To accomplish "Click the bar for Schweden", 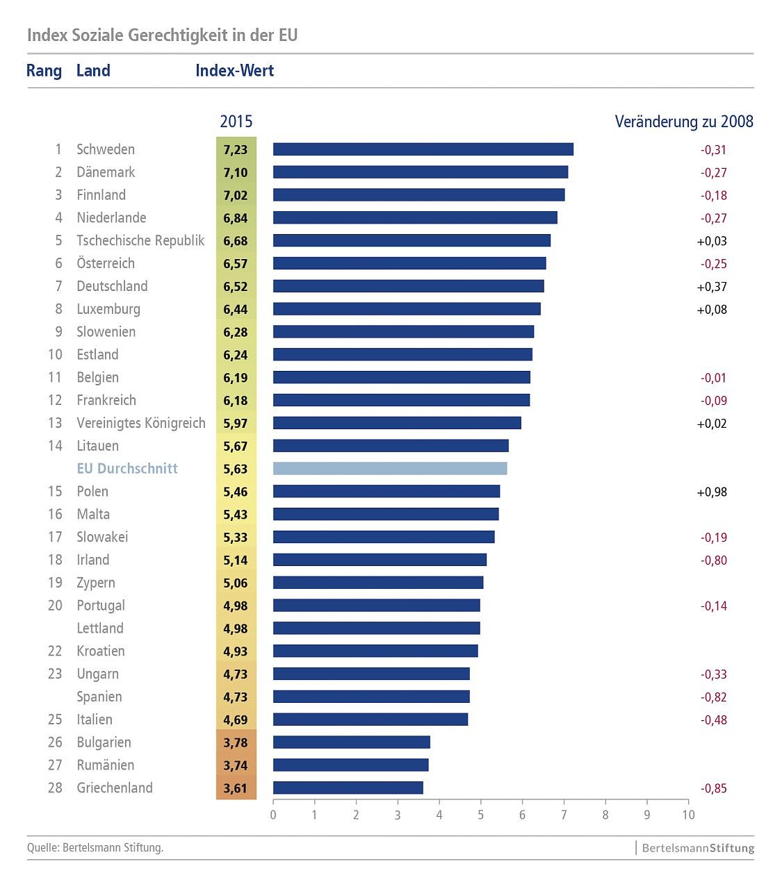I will (x=423, y=149).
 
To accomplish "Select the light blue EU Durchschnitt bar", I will (x=390, y=469).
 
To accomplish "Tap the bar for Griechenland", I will (x=348, y=788).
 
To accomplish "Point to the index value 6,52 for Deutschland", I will (x=236, y=286).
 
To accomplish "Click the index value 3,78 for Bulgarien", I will (x=236, y=742).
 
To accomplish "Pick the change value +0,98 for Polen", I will (x=712, y=492).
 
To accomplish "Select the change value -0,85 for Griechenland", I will (x=714, y=788).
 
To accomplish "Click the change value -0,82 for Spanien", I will (x=714, y=697).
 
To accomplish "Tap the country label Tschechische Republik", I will (x=140, y=240).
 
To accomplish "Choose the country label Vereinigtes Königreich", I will (x=141, y=423).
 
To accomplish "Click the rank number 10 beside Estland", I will (x=55, y=355).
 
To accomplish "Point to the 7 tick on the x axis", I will (x=564, y=815).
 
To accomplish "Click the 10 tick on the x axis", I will (x=688, y=815).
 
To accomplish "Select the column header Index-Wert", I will (x=234, y=71).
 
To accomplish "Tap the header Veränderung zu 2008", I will (x=684, y=122).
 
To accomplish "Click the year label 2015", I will (x=236, y=122).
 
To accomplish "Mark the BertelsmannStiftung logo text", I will (x=698, y=848).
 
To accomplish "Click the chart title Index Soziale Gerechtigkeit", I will (x=162, y=35).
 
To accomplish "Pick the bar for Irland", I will (x=380, y=560).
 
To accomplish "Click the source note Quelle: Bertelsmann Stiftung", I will (x=95, y=847).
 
